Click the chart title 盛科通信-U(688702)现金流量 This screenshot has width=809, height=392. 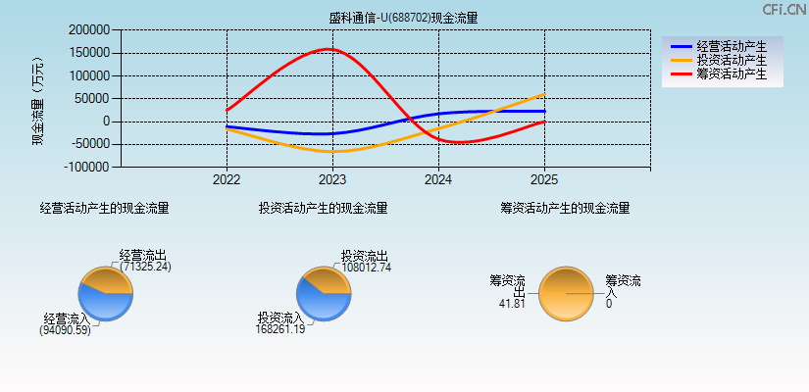point(404,17)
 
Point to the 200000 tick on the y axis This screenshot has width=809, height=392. point(89,30)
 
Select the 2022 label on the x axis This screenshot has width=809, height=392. point(227,180)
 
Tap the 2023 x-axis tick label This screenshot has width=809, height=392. point(332,180)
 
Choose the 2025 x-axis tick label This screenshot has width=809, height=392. point(544,180)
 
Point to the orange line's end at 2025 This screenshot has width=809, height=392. point(544,94)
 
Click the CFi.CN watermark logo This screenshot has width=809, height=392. point(784,9)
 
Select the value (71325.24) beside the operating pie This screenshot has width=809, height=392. point(146,267)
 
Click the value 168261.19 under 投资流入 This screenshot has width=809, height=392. point(279,330)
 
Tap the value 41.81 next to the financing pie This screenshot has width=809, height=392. point(512,304)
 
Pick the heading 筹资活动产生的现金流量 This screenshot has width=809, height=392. point(565,208)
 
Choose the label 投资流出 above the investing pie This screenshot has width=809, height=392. point(365,255)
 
